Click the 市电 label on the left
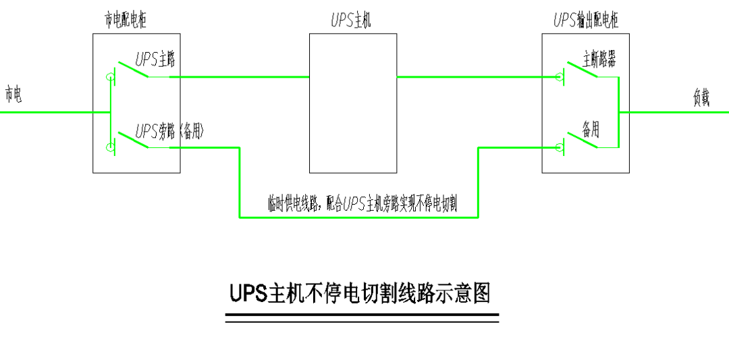tap(13, 95)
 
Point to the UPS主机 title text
tap(350, 21)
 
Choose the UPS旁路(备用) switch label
tap(169, 131)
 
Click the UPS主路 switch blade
tap(134, 70)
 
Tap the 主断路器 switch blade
tap(581, 70)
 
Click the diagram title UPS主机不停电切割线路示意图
tap(360, 294)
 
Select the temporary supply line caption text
tap(362, 204)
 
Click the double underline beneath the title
tap(362, 318)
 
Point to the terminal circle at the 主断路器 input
tap(559, 77)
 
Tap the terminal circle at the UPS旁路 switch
tap(111, 147)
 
